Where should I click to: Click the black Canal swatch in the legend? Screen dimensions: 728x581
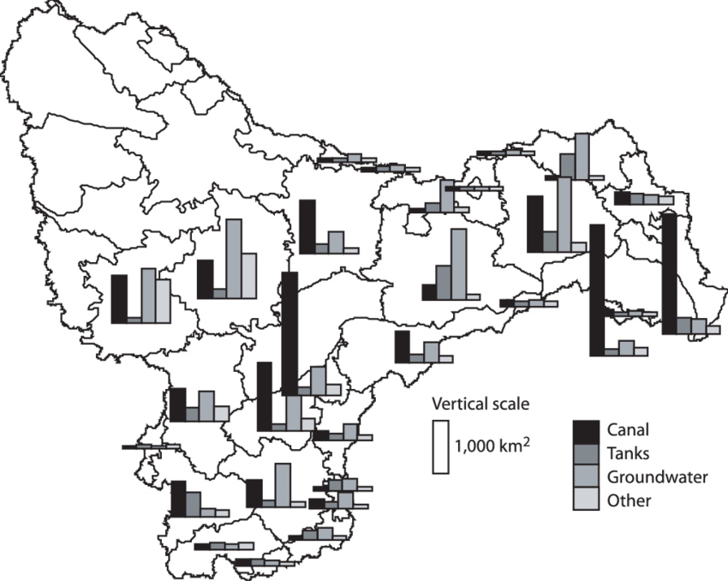[586, 432]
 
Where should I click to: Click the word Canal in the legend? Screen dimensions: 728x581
[628, 430]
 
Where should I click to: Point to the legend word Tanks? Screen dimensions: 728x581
[628, 453]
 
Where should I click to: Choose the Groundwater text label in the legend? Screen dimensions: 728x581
[658, 477]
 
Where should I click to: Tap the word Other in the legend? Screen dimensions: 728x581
[630, 500]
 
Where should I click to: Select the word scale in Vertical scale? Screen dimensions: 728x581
[508, 404]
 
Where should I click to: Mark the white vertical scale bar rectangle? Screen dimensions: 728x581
[440, 447]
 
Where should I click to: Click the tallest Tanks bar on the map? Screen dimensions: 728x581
[444, 283]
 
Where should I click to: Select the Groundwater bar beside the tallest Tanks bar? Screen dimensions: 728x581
[459, 264]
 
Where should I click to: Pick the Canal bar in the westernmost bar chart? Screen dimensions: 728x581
[119, 299]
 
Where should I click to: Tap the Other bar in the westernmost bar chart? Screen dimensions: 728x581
[163, 302]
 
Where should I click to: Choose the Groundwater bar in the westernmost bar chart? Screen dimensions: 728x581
[148, 296]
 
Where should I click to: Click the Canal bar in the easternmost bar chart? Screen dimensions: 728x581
[670, 274]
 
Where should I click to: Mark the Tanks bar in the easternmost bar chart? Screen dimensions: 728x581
[684, 326]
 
